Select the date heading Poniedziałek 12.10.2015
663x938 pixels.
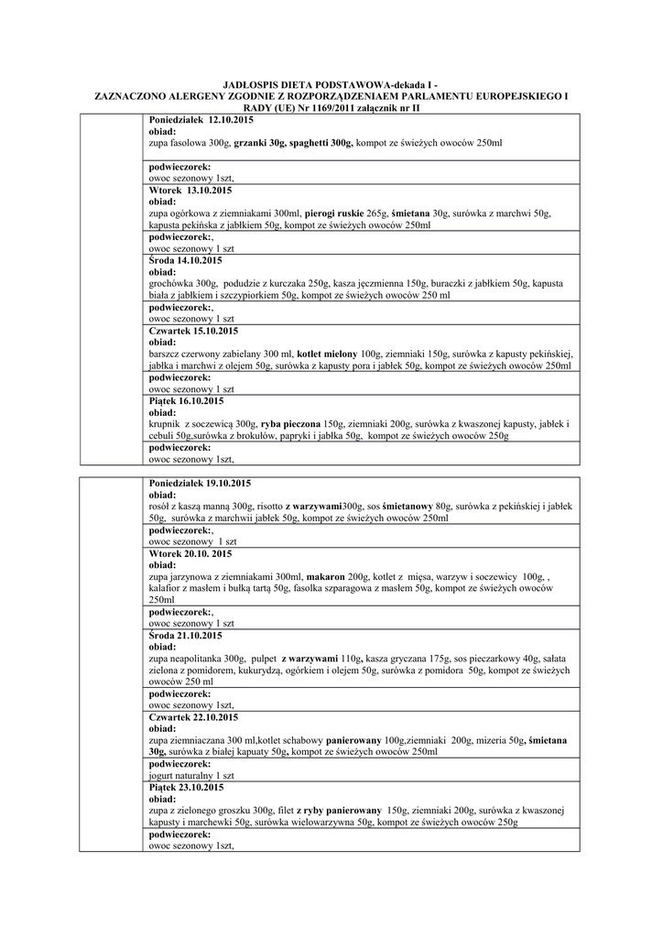point(201,120)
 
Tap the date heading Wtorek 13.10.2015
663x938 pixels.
point(190,190)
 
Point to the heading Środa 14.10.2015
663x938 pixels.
point(185,260)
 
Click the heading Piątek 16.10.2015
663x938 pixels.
point(186,400)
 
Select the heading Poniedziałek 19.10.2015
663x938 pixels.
point(200,483)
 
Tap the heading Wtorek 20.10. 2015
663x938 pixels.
point(190,553)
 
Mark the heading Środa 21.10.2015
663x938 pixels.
point(185,635)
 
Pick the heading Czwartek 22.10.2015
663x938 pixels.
point(193,716)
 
